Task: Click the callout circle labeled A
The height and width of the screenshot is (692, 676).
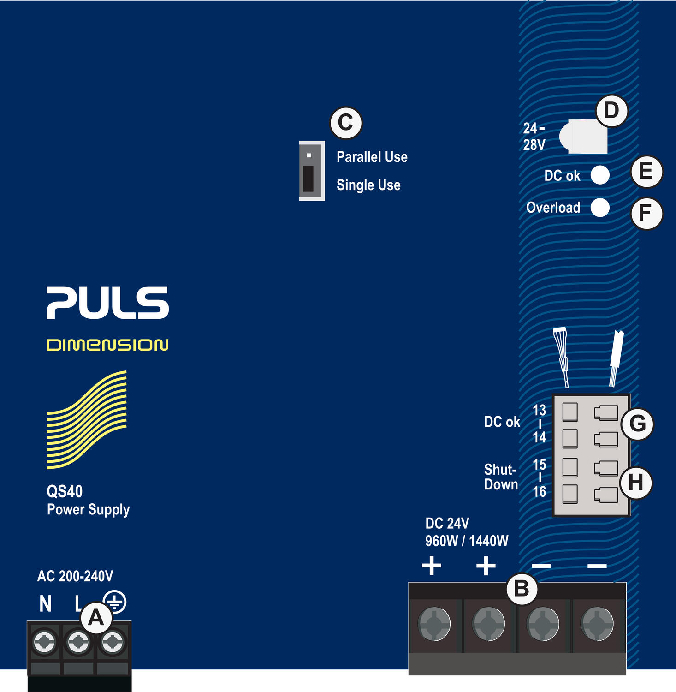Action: coord(96,617)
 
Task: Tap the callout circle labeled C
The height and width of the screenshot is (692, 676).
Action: coord(346,123)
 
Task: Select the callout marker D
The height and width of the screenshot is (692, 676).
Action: coord(611,111)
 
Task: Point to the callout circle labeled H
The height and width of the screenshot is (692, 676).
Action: coord(636,483)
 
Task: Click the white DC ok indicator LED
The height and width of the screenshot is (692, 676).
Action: coord(600,175)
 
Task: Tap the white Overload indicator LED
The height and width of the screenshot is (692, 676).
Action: coord(600,208)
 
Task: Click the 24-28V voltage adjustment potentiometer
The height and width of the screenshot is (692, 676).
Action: coord(583,137)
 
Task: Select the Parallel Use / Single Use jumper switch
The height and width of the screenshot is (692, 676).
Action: coord(311,171)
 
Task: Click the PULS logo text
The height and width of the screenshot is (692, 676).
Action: coord(107,303)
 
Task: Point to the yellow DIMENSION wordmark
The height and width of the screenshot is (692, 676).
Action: coord(107,345)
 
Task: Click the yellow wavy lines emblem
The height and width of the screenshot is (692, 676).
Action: coord(87,419)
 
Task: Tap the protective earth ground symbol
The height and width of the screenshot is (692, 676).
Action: coord(114,602)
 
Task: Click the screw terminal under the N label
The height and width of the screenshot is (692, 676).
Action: coord(45,642)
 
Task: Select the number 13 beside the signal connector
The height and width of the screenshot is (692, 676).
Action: coord(539,410)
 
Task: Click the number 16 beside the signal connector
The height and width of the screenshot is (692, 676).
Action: coord(539,492)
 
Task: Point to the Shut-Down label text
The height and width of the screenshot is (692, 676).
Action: coord(501,477)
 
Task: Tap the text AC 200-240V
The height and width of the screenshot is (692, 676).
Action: coord(75,576)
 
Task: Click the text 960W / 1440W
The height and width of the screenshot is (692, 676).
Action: coord(467,541)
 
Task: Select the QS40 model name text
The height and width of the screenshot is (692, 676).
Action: coord(65,492)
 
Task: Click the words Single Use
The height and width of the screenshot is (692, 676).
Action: coord(368,185)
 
